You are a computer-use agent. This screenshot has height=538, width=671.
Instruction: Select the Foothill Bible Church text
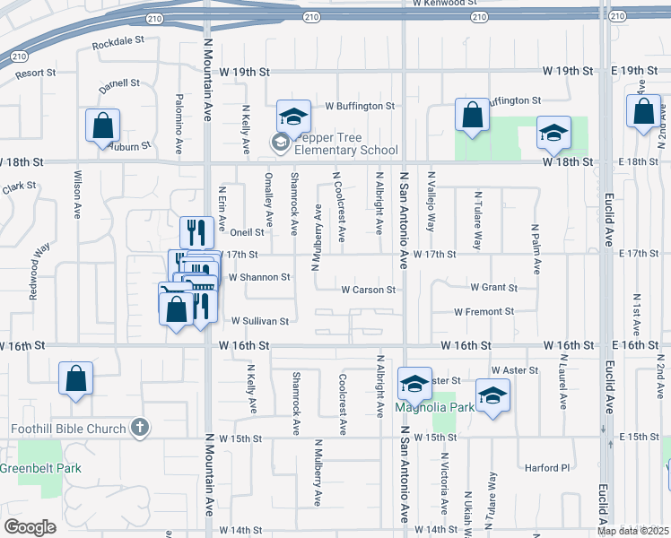(x=67, y=428)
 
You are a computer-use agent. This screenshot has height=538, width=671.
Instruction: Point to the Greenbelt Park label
(x=40, y=468)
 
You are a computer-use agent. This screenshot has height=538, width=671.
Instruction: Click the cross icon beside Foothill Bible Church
(x=139, y=428)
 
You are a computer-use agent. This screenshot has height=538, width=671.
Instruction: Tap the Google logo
(x=30, y=526)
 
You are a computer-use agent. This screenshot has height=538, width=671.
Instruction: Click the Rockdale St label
(x=117, y=41)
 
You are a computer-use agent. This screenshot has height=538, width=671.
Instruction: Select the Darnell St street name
(x=119, y=83)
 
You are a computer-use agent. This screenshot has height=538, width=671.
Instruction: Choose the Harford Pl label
(x=547, y=467)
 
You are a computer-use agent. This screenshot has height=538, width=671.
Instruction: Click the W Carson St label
(x=368, y=290)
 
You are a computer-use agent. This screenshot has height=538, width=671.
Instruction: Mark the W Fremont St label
(x=484, y=312)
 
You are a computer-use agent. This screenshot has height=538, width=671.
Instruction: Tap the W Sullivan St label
(x=260, y=320)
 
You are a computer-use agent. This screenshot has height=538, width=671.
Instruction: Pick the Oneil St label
(x=245, y=232)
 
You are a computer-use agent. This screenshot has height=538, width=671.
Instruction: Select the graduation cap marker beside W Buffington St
(x=293, y=115)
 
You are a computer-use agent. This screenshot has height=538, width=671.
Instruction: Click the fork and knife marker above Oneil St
(x=196, y=231)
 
